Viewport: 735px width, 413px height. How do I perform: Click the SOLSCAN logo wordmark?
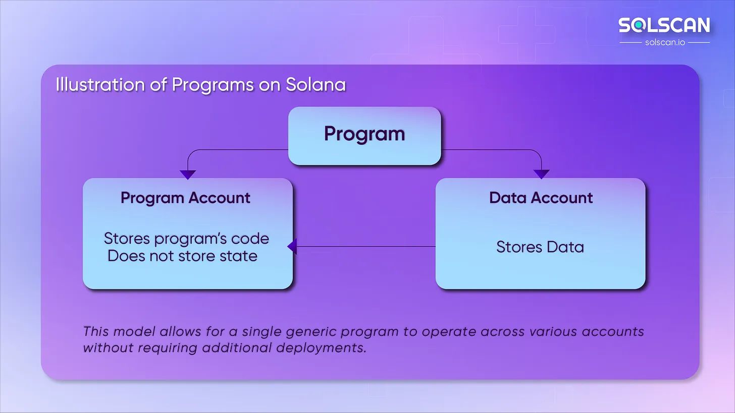[664, 25]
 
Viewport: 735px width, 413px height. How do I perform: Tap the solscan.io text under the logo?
[665, 42]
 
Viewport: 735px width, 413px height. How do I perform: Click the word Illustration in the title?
[100, 85]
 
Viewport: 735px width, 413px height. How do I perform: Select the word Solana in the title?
[316, 85]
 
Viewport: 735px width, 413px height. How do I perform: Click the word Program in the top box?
[364, 134]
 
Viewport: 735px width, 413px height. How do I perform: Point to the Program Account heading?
[185, 198]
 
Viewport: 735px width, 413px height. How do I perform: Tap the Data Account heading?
[541, 198]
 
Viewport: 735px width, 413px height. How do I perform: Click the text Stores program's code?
[186, 239]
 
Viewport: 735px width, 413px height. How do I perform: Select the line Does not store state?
[182, 256]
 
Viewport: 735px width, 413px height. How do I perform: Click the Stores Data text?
[540, 247]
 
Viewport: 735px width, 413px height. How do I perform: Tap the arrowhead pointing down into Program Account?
[188, 174]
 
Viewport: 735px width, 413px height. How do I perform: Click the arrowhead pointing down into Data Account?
[541, 174]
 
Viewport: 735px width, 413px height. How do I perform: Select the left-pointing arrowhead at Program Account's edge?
[292, 247]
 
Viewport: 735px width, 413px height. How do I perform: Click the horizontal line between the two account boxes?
[366, 247]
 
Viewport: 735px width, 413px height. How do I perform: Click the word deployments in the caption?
[321, 348]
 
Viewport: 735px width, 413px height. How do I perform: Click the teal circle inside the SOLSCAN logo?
[638, 25]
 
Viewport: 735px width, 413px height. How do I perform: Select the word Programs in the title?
[213, 85]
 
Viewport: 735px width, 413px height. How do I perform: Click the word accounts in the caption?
[613, 331]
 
